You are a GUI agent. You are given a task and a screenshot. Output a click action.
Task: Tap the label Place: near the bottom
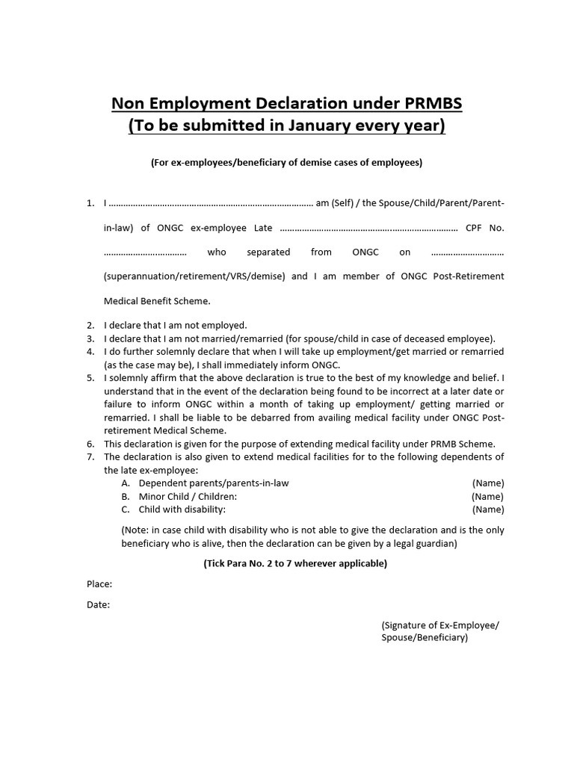[99, 584]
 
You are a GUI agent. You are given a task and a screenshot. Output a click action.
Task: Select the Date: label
[98, 605]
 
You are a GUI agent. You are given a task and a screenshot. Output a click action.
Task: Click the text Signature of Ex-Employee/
[439, 625]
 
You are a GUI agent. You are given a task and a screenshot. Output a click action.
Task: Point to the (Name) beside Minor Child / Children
[487, 496]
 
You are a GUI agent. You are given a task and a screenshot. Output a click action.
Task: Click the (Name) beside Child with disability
[487, 510]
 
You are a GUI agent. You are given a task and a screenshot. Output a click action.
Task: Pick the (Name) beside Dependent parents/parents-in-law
[488, 483]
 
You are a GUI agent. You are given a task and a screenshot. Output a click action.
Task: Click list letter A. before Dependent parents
[126, 483]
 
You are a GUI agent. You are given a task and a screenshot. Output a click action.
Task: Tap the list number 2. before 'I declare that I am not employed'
[90, 325]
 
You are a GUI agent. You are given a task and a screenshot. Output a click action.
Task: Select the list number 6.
[90, 443]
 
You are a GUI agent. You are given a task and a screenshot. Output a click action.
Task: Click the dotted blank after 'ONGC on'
[467, 253]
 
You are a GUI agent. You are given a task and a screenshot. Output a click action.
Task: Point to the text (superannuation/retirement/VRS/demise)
[194, 276]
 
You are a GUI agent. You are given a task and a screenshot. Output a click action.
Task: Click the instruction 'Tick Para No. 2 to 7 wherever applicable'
[295, 563]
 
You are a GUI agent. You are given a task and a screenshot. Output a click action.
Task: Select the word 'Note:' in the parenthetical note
[137, 530]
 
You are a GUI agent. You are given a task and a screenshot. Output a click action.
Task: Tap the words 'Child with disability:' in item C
[182, 510]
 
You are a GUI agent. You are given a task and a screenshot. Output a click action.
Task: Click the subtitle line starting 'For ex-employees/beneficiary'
[286, 162]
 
